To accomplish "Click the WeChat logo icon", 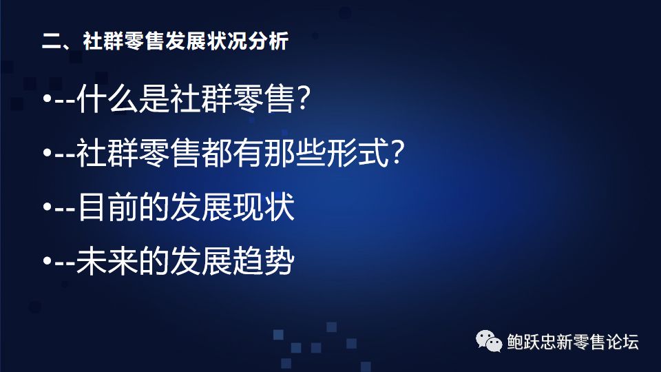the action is coord(489,341).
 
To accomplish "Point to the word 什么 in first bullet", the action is coord(107,99).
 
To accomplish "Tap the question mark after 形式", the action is coord(397,153).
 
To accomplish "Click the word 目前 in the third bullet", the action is coord(107,207).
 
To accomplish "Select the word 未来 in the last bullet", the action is coord(107,261).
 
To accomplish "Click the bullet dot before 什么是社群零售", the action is coord(48,99).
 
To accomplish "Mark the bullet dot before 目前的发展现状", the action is coord(48,207).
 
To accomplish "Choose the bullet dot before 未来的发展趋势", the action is coord(48,261).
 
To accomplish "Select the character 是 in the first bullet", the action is coord(154,99).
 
